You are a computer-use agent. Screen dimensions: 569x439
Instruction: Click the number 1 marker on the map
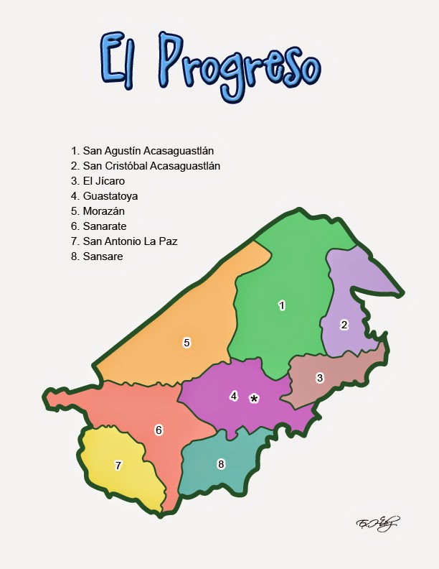coord(282,305)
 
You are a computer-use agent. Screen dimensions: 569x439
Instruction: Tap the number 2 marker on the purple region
coord(344,325)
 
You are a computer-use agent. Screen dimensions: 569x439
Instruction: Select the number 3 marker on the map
coord(320,377)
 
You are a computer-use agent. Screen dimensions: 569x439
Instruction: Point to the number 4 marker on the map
coord(233,395)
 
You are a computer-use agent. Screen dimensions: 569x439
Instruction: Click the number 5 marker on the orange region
coord(187,343)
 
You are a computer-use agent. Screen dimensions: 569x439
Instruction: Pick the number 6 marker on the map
coord(159,430)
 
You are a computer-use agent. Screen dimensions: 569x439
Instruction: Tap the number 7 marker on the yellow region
coord(118,466)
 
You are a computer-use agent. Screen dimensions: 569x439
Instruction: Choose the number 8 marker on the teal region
coord(221,464)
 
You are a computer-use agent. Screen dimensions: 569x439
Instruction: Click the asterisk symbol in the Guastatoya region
coord(253,399)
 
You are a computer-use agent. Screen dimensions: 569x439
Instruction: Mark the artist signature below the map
coord(377,522)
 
